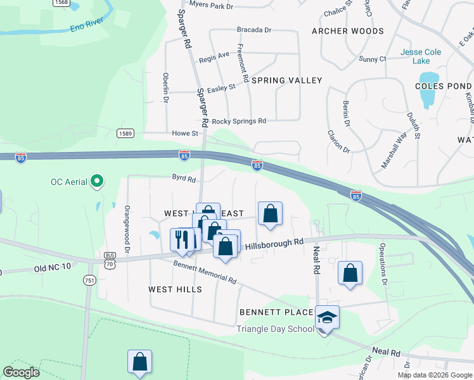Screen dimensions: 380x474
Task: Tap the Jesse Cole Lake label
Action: click(x=416, y=56)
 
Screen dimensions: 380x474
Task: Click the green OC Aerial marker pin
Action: click(x=97, y=182)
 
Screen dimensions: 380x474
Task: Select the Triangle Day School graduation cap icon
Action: click(x=327, y=316)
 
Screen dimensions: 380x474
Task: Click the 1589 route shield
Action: click(x=125, y=132)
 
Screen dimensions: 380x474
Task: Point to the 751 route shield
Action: click(x=89, y=281)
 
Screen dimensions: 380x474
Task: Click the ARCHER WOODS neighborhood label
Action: click(x=348, y=31)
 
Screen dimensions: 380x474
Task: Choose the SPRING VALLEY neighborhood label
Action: click(x=286, y=80)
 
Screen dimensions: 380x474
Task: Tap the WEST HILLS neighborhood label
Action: click(x=175, y=289)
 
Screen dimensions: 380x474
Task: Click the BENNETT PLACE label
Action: click(x=276, y=312)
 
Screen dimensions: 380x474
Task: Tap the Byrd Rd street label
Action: click(x=184, y=179)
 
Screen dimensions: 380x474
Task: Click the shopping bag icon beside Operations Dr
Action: click(x=350, y=273)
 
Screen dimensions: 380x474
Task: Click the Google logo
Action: click(x=21, y=372)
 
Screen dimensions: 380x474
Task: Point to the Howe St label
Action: click(x=185, y=134)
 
